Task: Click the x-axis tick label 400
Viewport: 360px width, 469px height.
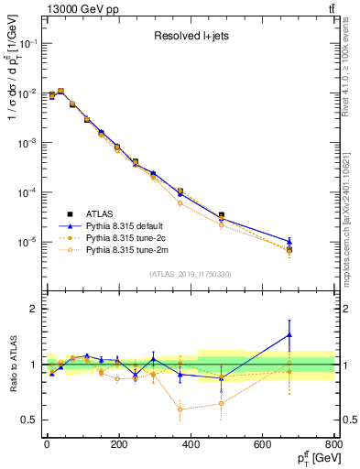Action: click(190, 445)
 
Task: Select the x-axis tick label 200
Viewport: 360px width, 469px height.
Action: click(118, 445)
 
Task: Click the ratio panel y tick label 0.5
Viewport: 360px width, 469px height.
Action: click(30, 420)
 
